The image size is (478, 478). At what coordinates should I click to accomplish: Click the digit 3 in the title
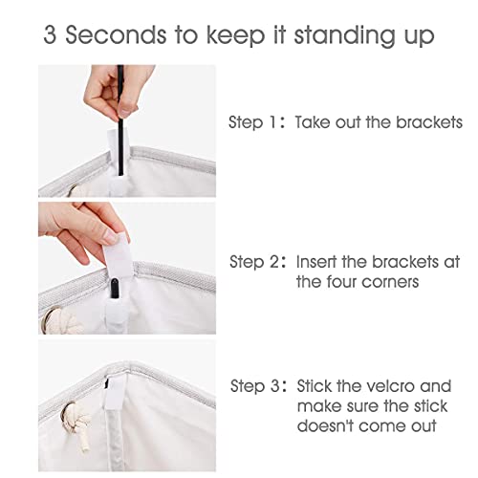(x=51, y=34)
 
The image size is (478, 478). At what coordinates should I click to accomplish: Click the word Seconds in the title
(x=116, y=34)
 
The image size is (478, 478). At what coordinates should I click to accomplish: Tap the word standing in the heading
(x=344, y=36)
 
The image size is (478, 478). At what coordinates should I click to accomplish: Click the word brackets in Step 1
(x=429, y=122)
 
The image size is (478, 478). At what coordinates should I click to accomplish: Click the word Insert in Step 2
(x=315, y=262)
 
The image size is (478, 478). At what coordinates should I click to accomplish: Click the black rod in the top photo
(x=120, y=120)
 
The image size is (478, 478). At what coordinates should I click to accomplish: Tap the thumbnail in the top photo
(x=125, y=111)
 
